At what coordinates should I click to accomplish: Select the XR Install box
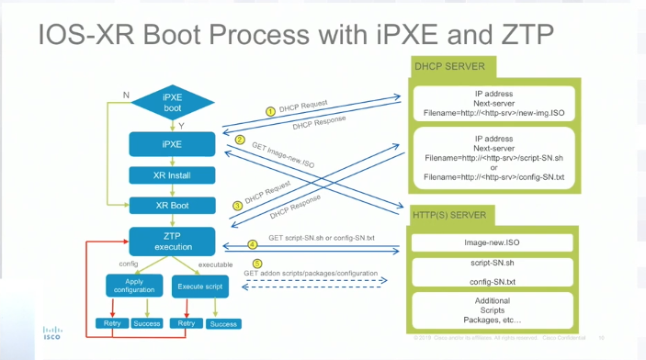click(x=172, y=174)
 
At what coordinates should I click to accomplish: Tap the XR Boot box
click(x=172, y=205)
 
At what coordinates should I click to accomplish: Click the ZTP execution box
click(x=172, y=241)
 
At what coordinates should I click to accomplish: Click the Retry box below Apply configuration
click(x=110, y=323)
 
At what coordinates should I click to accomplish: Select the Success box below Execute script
click(x=223, y=323)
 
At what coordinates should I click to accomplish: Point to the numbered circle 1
click(x=270, y=111)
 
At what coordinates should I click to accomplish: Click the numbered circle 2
click(x=239, y=141)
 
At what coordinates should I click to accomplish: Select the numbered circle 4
click(x=253, y=244)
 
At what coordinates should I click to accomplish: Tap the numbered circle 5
click(x=256, y=264)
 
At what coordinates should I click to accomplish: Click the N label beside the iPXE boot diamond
click(x=126, y=93)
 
